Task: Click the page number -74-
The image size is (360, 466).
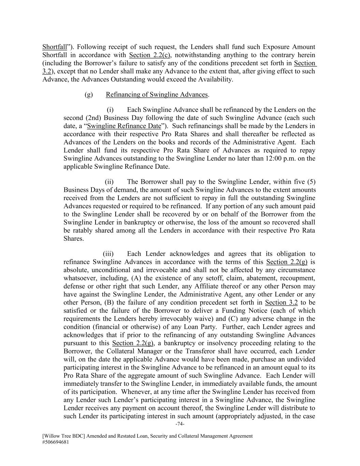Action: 180,424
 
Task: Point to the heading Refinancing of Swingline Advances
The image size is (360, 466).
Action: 157,95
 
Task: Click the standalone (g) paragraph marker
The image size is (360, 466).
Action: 89,95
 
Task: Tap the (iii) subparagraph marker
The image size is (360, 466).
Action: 108,254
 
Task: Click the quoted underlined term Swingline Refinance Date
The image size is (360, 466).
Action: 124,126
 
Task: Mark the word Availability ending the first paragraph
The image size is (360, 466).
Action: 213,80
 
